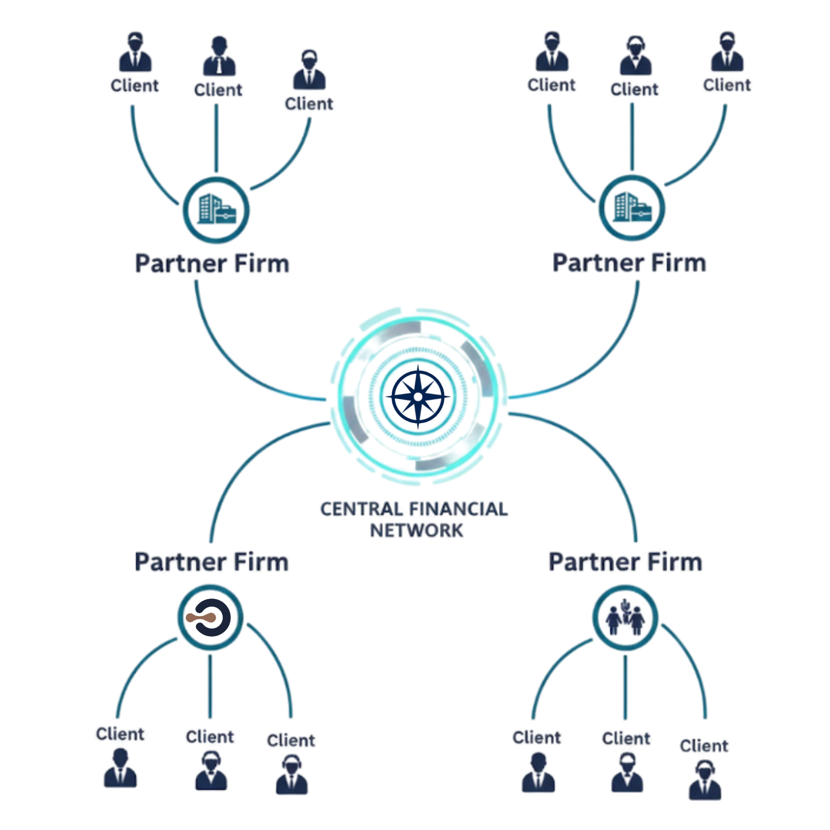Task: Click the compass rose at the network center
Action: pos(418,397)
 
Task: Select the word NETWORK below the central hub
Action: pos(416,531)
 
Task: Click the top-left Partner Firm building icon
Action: pos(216,210)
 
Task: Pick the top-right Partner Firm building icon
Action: pos(632,207)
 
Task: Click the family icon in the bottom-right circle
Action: pos(625,618)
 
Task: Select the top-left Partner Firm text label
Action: pos(212,263)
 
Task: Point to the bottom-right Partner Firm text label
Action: pos(625,562)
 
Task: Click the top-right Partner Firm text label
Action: pos(629,263)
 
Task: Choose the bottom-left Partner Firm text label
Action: pos(211,562)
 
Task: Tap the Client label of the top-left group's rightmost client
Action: pos(309,104)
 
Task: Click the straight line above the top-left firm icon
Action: pos(216,137)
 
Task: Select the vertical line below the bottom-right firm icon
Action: pos(625,687)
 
